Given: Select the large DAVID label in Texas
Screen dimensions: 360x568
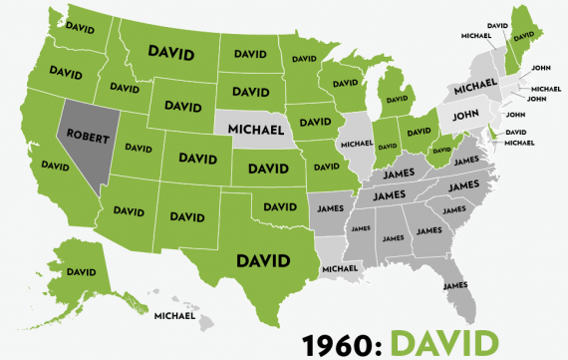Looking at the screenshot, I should (262, 261).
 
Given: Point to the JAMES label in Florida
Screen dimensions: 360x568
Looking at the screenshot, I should (455, 286).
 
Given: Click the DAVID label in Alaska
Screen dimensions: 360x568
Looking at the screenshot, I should (81, 271).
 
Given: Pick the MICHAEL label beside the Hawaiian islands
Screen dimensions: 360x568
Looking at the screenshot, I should (175, 316).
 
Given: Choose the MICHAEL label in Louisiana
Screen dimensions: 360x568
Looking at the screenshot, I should (340, 268).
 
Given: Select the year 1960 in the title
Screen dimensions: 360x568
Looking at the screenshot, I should (340, 339).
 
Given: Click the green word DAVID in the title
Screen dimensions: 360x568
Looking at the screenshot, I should (442, 339).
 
